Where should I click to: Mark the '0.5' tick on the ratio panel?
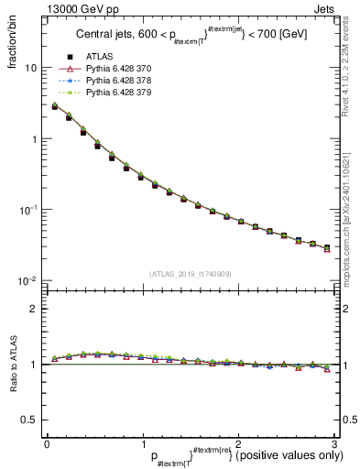click(x=30, y=420)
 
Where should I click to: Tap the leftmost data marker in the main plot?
click(x=54, y=106)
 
